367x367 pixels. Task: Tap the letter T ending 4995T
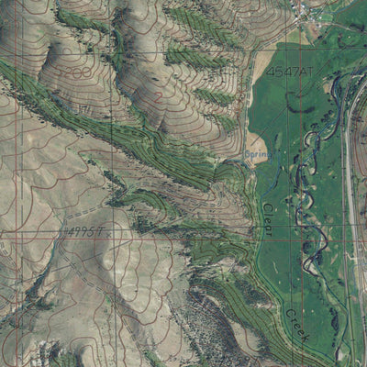[x=102, y=232]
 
